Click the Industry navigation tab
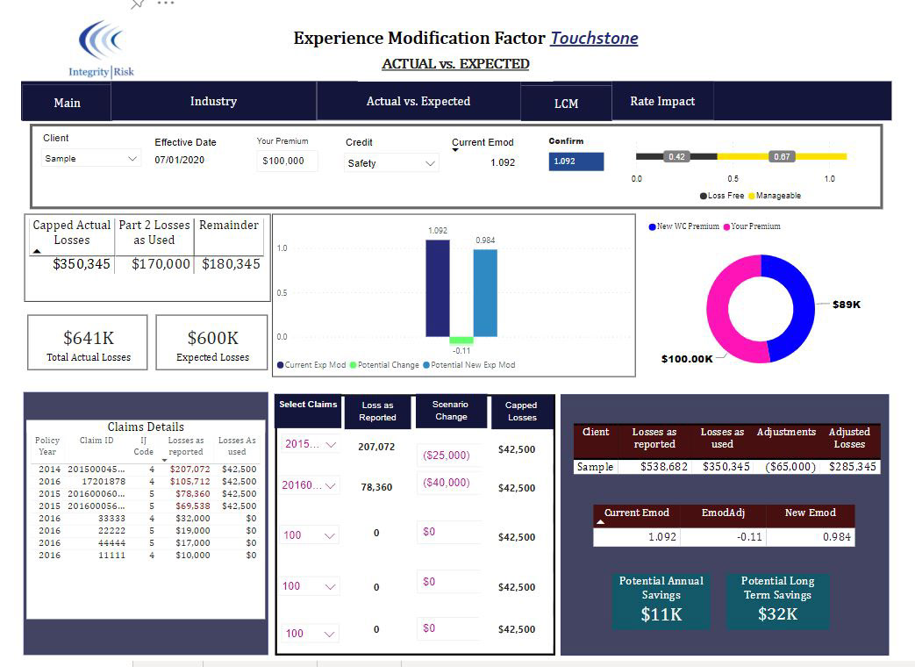tap(213, 102)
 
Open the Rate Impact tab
tap(662, 102)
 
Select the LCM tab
tap(566, 104)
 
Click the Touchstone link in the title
tap(594, 38)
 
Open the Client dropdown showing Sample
tap(90, 158)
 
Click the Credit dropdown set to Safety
tap(391, 163)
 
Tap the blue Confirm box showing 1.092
tap(576, 161)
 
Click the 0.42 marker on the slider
tap(676, 156)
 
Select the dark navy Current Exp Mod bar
tap(438, 288)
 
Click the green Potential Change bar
tap(461, 341)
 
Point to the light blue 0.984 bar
tap(485, 293)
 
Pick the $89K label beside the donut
tap(847, 305)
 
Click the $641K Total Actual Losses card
tap(88, 342)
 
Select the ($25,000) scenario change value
tap(447, 455)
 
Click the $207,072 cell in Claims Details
tap(189, 470)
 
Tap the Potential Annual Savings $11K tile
tap(661, 600)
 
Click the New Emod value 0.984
tap(837, 537)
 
